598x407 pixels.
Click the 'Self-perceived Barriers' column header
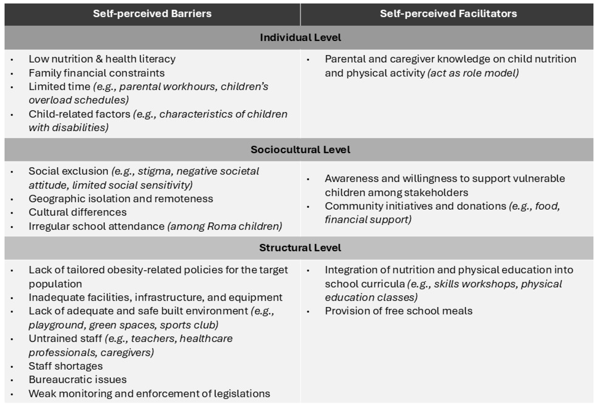click(x=152, y=14)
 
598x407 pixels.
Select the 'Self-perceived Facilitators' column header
click(x=448, y=14)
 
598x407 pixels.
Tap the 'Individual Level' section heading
click(x=300, y=37)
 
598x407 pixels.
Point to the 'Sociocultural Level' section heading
click(x=300, y=150)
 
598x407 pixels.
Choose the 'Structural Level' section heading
click(x=300, y=248)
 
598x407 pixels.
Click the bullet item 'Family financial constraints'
click(x=96, y=73)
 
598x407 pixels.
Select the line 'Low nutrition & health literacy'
click(x=102, y=59)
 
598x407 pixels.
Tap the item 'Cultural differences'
click(x=77, y=212)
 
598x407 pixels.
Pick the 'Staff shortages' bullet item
click(x=66, y=366)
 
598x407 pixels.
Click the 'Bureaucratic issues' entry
click(x=77, y=380)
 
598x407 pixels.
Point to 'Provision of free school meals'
click(x=399, y=311)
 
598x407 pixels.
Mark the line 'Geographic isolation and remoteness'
click(x=121, y=199)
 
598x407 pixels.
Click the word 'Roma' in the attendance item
click(x=221, y=226)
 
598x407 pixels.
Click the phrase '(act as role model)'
click(x=473, y=73)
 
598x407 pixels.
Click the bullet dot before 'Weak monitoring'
click(x=12, y=394)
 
